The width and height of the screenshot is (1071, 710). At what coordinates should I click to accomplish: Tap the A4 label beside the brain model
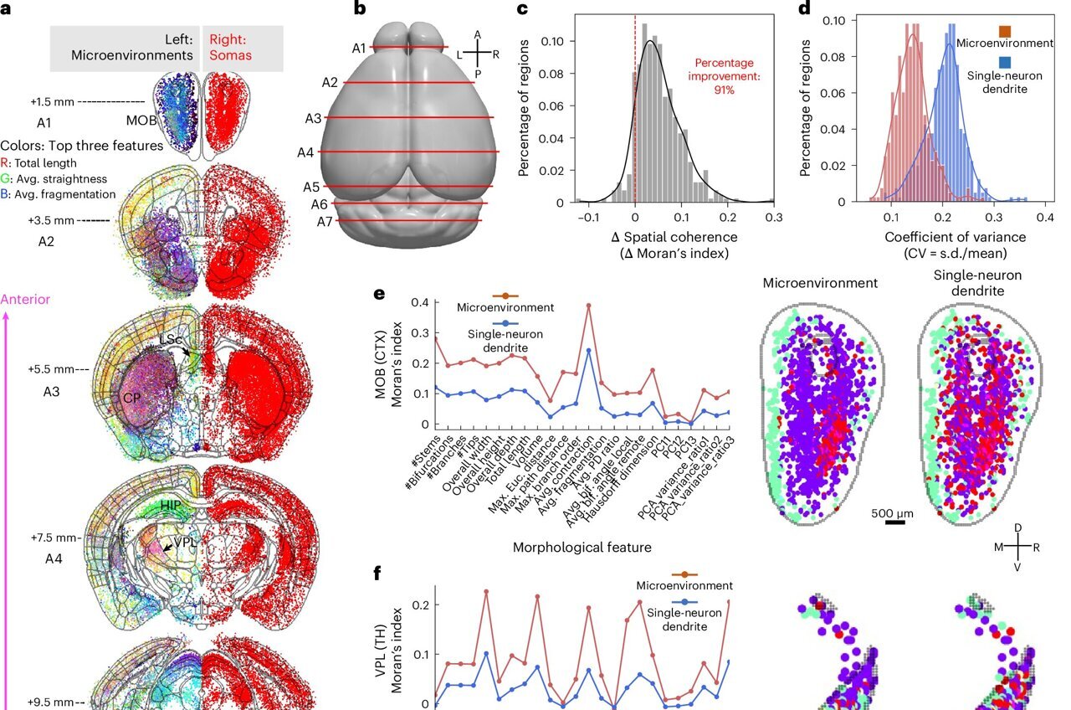coord(306,152)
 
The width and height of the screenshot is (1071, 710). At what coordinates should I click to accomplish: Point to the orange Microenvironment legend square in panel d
coord(1005,32)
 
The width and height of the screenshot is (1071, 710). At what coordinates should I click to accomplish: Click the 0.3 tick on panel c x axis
coord(773,217)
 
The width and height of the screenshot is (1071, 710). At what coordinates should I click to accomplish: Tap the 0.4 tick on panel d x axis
coord(1043,217)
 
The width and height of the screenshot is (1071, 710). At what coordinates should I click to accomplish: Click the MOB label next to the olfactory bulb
coord(141,120)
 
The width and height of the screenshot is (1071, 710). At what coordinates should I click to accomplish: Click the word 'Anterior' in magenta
coord(26,299)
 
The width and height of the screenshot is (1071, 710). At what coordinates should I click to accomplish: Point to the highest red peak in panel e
coord(589,306)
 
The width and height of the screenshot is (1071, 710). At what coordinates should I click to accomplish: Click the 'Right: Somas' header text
coord(243,48)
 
